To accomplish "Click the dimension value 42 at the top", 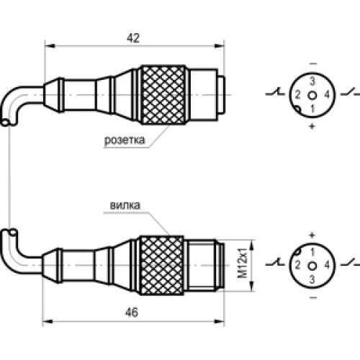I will coord(132,40).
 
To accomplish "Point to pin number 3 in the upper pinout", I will coord(312,81).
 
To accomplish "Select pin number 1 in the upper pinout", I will coord(312,108).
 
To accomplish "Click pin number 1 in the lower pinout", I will coord(312,253).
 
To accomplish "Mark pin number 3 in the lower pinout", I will coord(312,279).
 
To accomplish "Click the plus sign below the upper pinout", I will coord(312,126).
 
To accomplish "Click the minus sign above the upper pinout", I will coord(312,63).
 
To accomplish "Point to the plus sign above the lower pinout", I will coord(312,235).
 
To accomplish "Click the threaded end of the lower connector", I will coord(212,265).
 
